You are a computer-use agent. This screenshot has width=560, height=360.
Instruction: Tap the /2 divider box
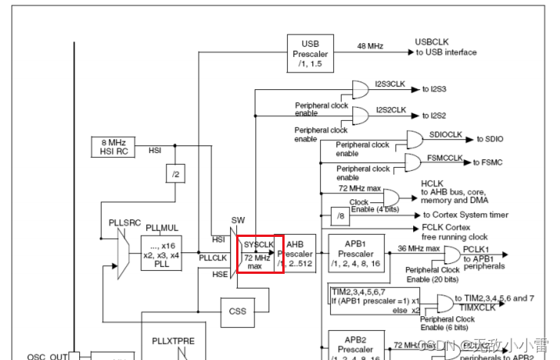176,175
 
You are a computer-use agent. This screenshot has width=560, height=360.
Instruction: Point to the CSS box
238,312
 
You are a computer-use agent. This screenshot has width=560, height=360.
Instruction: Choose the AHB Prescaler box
300,253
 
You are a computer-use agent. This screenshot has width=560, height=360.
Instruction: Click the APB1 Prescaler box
356,252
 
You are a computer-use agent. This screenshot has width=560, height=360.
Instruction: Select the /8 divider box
340,216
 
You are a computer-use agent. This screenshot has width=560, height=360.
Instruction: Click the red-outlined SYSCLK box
260,253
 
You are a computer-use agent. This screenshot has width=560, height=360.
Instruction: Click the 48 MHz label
369,47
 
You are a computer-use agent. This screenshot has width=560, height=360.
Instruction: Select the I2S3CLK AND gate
360,89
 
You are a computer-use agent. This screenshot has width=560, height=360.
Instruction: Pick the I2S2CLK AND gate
360,115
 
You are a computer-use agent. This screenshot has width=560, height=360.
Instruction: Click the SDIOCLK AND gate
414,139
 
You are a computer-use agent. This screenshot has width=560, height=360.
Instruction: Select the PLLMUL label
162,228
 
